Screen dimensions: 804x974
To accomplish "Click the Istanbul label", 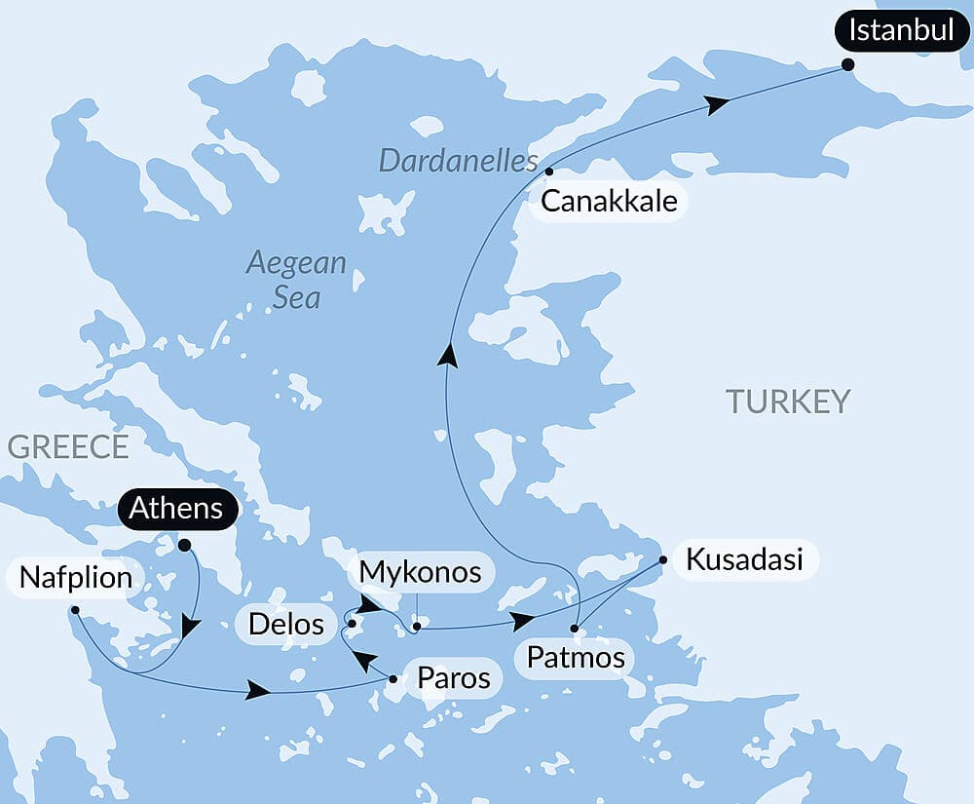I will click(901, 30).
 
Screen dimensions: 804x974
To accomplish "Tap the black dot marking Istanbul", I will click(847, 64).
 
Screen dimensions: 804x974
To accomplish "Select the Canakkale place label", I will click(609, 202).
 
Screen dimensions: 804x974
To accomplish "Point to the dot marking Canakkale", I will click(549, 172).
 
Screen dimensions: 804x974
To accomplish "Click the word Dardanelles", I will click(458, 161).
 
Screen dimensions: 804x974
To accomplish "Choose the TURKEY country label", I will click(787, 401).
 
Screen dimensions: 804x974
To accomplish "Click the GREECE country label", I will click(67, 446).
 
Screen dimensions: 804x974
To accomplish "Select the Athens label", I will click(175, 508).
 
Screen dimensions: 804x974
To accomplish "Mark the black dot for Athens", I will click(184, 546).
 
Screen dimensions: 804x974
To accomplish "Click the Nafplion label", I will click(74, 578).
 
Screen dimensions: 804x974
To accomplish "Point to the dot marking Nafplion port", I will click(75, 610).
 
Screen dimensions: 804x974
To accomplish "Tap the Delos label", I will click(285, 623).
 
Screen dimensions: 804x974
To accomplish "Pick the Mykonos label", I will click(420, 572).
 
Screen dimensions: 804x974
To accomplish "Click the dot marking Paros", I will click(393, 678).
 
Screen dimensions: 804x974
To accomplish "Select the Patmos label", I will click(575, 657).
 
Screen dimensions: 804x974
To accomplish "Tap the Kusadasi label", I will click(744, 559).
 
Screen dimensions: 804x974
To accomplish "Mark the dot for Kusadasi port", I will click(662, 560).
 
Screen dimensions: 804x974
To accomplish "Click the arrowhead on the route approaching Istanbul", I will click(717, 104).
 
